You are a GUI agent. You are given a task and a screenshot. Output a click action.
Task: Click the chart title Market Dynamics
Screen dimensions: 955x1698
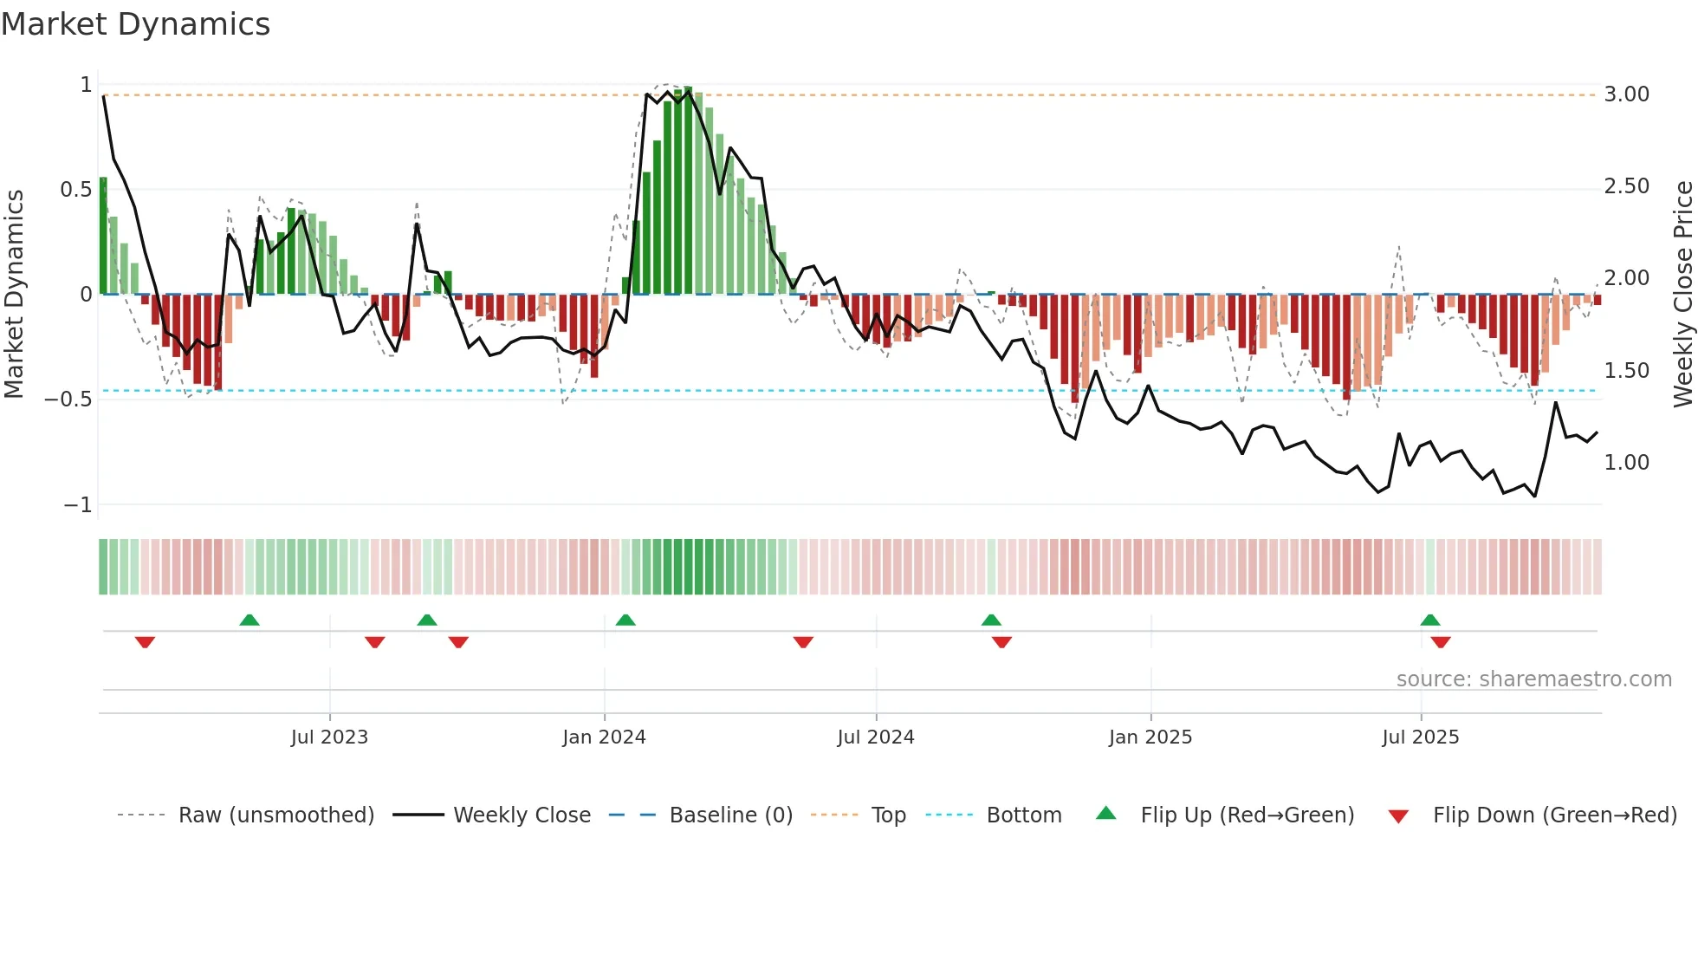[x=136, y=24]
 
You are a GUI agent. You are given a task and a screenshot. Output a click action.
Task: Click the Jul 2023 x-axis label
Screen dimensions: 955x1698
[x=329, y=737]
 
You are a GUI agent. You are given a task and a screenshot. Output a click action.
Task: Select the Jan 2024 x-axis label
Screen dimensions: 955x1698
[x=604, y=737]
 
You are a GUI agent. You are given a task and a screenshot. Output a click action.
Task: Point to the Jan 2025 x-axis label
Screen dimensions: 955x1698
[x=1150, y=737]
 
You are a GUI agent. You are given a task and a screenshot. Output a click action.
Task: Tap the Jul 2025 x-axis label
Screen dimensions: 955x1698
[x=1421, y=737]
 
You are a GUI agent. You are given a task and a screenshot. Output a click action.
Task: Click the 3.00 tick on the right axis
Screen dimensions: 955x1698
[x=1626, y=94]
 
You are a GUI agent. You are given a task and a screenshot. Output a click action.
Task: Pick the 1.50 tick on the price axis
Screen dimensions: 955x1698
[x=1626, y=371]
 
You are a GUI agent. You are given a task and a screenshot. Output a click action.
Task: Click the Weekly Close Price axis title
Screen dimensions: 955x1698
[x=1682, y=294]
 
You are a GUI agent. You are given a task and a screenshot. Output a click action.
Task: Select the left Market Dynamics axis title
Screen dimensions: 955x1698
[x=14, y=294]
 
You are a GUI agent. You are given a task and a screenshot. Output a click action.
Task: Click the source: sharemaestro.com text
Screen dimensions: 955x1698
[x=1533, y=679]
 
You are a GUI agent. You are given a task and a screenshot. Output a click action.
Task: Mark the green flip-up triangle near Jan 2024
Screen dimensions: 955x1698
[x=625, y=620]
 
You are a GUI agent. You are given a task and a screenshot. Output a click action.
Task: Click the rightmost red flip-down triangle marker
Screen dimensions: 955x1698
[x=1441, y=642]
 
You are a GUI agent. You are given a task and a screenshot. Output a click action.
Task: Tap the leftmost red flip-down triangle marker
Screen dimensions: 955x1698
[x=145, y=642]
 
